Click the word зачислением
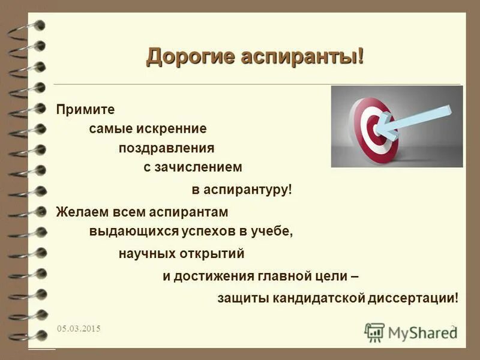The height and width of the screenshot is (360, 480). coord(205,167)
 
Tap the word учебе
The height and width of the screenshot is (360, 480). coord(274,231)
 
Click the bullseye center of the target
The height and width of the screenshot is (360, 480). coord(376,127)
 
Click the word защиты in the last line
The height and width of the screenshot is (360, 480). coord(242,298)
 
